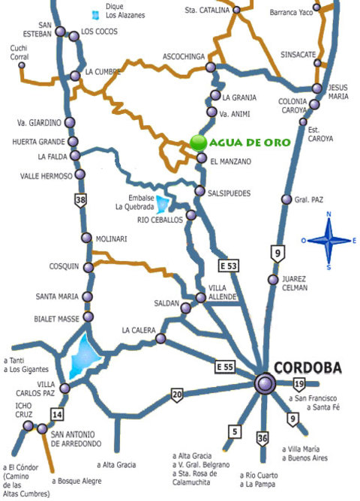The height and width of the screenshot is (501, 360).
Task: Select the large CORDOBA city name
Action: coord(307,367)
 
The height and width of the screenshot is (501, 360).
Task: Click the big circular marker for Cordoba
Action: coord(265,383)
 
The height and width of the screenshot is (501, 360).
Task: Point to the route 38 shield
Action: coord(80,199)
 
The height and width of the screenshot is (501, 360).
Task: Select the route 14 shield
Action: coord(56,414)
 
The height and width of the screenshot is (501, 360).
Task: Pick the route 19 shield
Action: coord(298,384)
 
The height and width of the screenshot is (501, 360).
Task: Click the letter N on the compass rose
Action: coord(328,216)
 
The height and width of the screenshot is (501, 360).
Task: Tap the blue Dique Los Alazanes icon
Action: coord(94,14)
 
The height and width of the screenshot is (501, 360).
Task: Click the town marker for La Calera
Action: coord(160,339)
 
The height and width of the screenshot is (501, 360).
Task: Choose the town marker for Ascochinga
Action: coord(213,67)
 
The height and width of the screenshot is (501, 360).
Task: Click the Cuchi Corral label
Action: coord(19,52)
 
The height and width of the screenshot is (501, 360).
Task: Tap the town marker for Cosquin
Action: coord(88,268)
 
